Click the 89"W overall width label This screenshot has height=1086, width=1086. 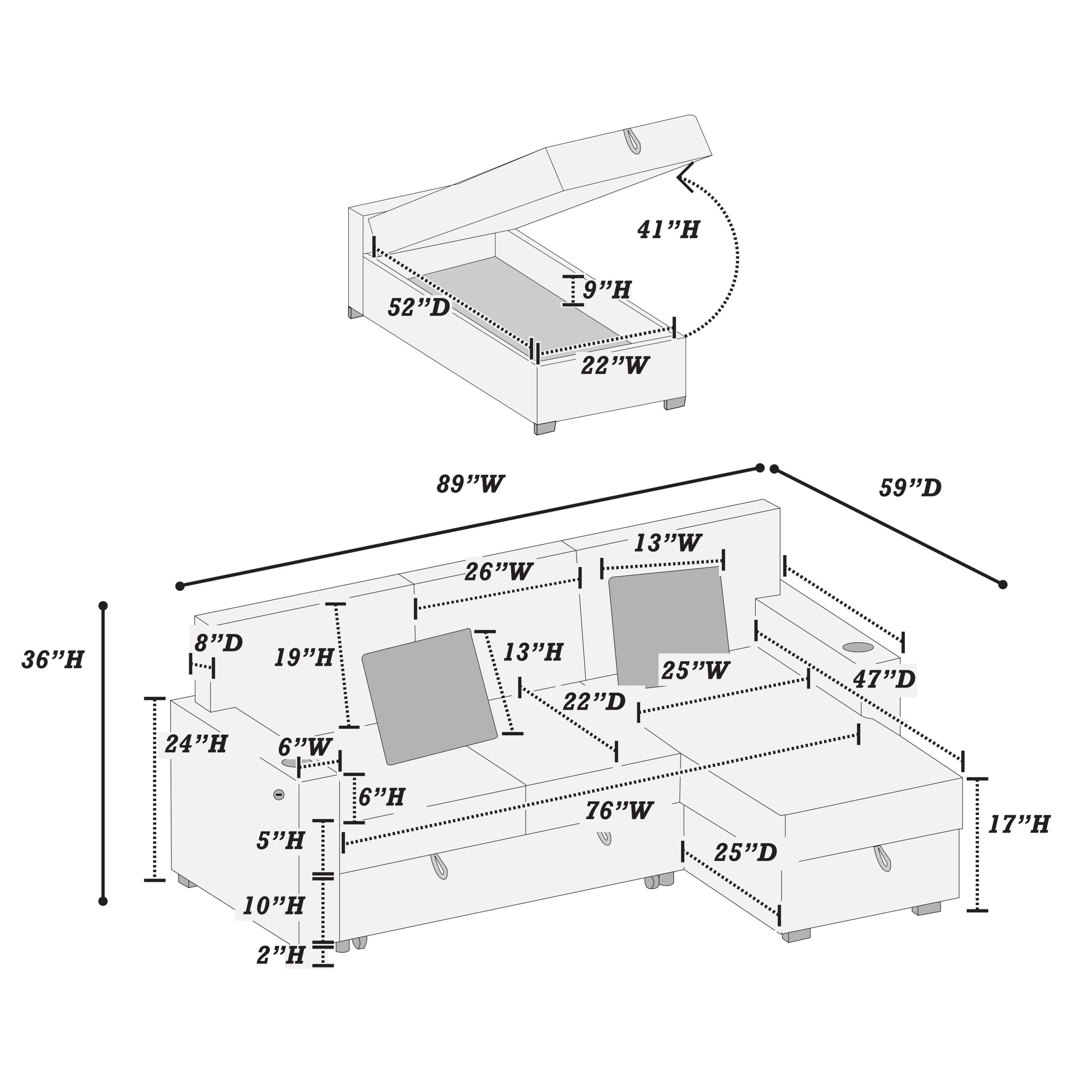(x=470, y=484)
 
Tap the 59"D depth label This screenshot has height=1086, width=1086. (x=910, y=488)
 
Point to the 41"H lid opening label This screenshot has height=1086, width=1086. (x=668, y=230)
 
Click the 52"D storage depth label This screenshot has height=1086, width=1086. (x=419, y=308)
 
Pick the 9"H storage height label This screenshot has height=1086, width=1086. (x=607, y=291)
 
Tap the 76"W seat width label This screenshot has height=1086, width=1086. (x=619, y=811)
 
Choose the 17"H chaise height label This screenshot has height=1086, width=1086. (x=1019, y=825)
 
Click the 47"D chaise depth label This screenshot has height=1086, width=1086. (x=884, y=680)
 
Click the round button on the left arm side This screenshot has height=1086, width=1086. (x=278, y=795)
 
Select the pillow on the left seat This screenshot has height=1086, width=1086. (x=429, y=697)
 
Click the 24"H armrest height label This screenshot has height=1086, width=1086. (x=196, y=744)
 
